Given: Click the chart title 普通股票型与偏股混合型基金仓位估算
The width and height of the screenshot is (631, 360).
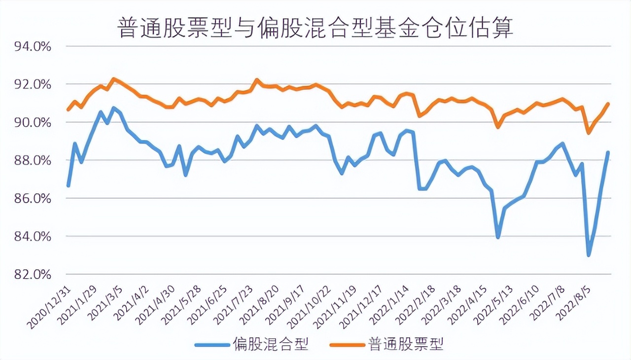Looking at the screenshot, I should pyautogui.click(x=315, y=28).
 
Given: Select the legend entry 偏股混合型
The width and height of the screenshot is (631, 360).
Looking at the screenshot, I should pyautogui.click(x=270, y=344).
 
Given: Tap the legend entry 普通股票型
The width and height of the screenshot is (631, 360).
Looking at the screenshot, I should pyautogui.click(x=405, y=344).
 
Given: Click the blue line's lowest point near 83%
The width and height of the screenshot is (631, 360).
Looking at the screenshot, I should pyautogui.click(x=589, y=255).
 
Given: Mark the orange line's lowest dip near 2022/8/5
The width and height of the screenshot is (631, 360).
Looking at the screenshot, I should pyautogui.click(x=589, y=133).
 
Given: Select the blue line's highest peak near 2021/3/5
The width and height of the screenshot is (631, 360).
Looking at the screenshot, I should pyautogui.click(x=113, y=108).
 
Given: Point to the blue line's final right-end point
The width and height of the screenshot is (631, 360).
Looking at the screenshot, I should pyautogui.click(x=608, y=152).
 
